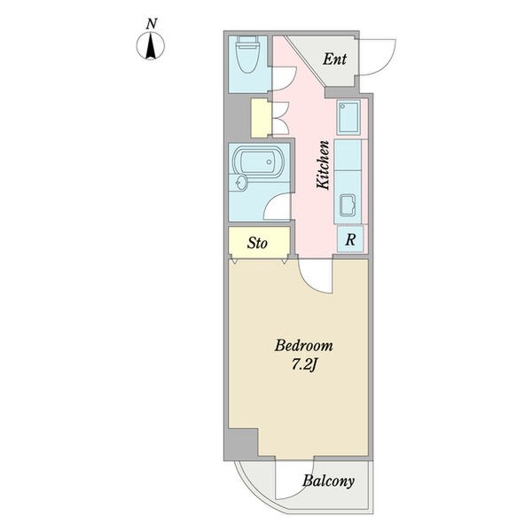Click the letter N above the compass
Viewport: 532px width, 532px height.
pyautogui.click(x=152, y=24)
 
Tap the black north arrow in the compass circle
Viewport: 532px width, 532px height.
pyautogui.click(x=151, y=46)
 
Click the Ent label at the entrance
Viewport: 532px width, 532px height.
pyautogui.click(x=334, y=59)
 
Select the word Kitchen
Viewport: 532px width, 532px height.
pyautogui.click(x=323, y=165)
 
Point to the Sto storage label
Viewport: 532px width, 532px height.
pyautogui.click(x=257, y=243)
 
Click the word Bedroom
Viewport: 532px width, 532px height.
pyautogui.click(x=304, y=346)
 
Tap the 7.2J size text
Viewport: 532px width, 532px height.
pyautogui.click(x=304, y=365)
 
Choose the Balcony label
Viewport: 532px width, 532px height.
pyautogui.click(x=328, y=481)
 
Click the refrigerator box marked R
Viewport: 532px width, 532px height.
pyautogui.click(x=350, y=239)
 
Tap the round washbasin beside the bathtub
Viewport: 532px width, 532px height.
pyautogui.click(x=240, y=184)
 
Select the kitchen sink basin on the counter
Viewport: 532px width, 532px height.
pyautogui.click(x=348, y=205)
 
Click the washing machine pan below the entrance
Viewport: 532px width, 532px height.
pyautogui.click(x=348, y=117)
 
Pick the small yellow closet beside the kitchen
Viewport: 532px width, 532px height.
pyautogui.click(x=261, y=118)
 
